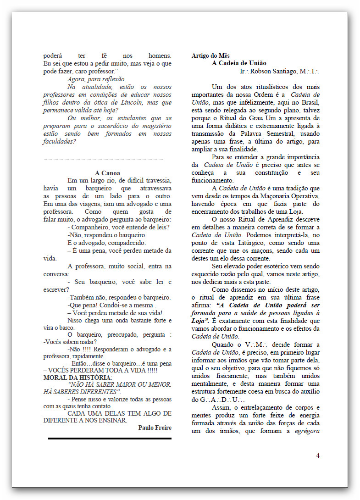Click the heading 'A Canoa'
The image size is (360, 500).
coord(107,173)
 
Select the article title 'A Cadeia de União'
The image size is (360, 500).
coord(239,63)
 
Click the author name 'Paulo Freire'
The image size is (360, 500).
coord(155,428)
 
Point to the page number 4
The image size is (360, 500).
coord(318,456)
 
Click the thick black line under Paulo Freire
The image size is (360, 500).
coord(110,439)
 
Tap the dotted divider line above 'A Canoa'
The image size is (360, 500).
coord(104,160)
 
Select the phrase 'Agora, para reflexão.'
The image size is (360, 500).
coord(96,79)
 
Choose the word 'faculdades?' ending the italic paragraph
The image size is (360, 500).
coord(60,141)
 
